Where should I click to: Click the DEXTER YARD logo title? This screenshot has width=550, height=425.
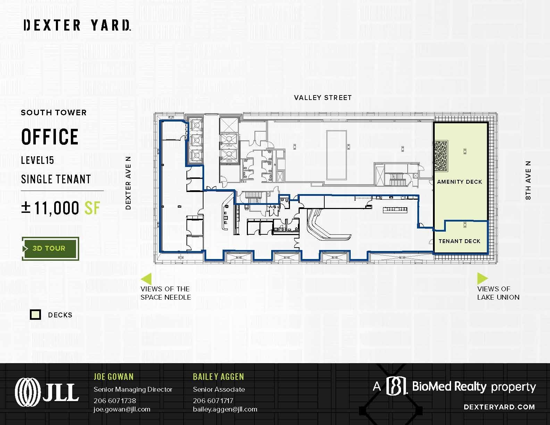coord(77,25)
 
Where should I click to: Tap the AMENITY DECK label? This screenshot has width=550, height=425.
coord(459,182)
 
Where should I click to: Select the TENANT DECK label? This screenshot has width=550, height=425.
coord(459,241)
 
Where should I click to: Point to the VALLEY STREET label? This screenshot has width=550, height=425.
coord(323,98)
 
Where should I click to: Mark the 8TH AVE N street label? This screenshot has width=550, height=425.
coord(528,180)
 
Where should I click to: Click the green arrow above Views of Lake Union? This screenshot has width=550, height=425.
coord(482,278)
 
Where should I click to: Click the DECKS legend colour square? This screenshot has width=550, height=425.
coord(35,315)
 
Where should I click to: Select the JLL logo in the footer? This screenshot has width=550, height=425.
coord(47,392)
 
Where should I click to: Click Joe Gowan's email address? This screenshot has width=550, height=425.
coord(122,409)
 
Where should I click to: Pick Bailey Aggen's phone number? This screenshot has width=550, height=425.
coord(213,401)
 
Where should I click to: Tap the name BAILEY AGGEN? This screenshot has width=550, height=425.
coord(218,377)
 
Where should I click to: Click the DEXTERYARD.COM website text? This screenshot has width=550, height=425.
coord(499,407)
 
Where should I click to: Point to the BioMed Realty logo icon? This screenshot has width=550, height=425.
coord(397,386)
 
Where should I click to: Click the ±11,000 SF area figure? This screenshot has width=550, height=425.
coord(61,208)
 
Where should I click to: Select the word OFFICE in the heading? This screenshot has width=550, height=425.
coord(50,137)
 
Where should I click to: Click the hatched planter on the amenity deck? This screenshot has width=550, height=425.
coord(441,156)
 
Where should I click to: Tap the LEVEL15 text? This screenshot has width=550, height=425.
coord(37,160)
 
